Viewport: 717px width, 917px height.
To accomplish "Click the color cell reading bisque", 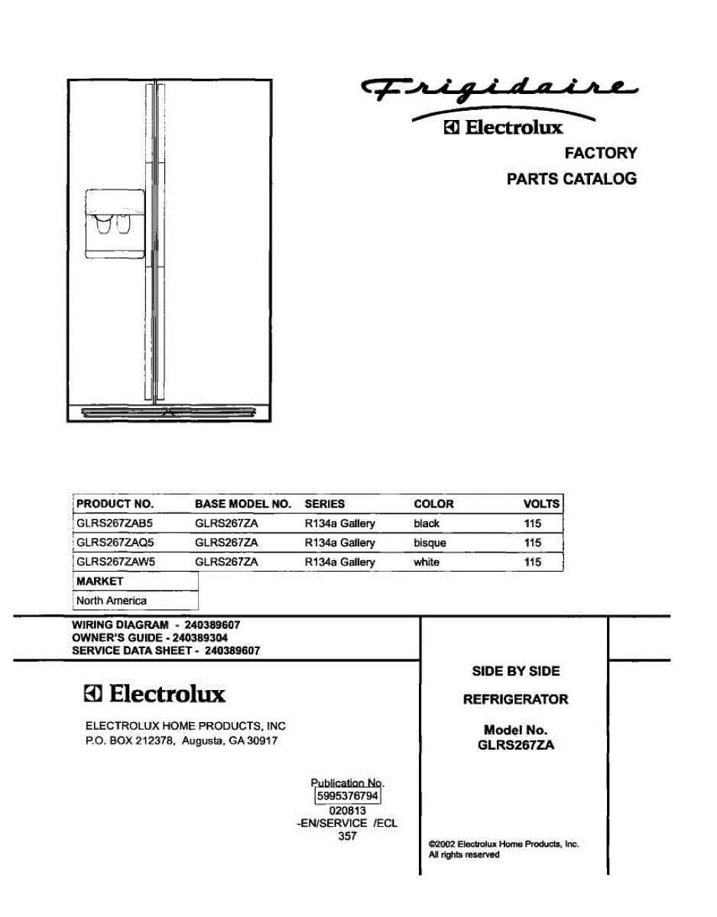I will point(430,543).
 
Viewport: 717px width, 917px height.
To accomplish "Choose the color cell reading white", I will point(427,562).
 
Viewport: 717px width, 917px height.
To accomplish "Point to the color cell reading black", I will point(427,523).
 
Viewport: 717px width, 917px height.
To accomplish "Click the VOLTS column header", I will point(541,504).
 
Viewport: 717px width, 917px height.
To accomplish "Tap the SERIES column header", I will point(325,504).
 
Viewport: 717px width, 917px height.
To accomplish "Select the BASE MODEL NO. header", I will point(243,504).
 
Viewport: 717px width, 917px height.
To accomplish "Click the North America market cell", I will point(112,601).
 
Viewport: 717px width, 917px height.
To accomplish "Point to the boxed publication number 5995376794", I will point(348,796).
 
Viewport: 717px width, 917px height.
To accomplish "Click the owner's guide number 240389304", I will point(200,637).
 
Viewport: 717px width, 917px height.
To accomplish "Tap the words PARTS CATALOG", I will point(572,180).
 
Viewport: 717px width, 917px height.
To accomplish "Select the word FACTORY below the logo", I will point(600,153).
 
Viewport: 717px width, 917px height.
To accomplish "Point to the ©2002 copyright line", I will point(504,844).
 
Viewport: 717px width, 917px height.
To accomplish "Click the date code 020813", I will point(348,811).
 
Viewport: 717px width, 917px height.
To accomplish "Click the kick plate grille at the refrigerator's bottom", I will point(169,413).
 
